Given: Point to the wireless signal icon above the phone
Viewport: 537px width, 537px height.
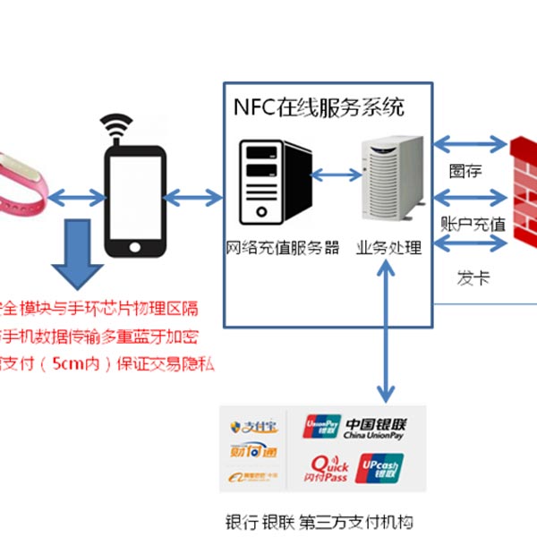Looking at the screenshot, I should coord(115,125).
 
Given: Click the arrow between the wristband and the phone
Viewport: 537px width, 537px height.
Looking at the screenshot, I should coord(76,196).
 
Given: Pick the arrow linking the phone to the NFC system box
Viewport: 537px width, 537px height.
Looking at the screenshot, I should coord(195,196).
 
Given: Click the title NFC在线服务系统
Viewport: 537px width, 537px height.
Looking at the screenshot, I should coord(320,108).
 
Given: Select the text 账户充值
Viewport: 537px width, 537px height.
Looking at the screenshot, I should coord(473,224).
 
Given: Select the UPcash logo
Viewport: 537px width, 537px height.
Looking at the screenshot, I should coord(380,468).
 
